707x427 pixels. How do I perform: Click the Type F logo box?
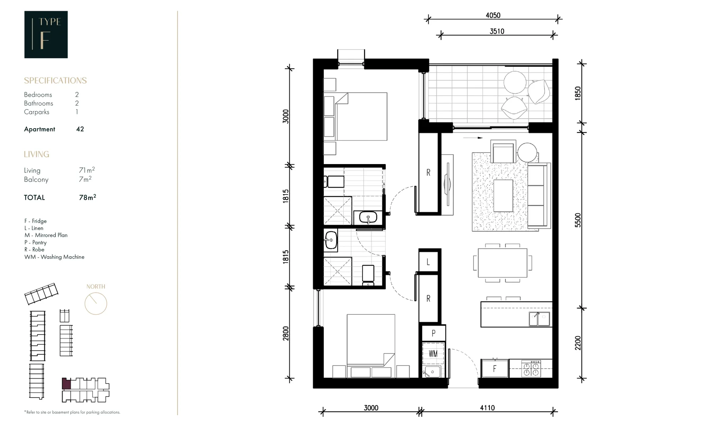(x=46, y=34)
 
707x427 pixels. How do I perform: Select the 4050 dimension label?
(x=493, y=15)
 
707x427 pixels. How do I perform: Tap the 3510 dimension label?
(x=497, y=31)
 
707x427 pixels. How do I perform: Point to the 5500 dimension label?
(x=578, y=220)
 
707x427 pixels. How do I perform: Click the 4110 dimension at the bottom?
(x=487, y=408)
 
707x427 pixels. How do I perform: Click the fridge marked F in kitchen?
(x=494, y=369)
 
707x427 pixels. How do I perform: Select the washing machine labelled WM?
(x=433, y=353)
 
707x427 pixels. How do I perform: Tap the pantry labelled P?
(x=433, y=333)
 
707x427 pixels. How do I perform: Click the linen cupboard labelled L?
(x=428, y=262)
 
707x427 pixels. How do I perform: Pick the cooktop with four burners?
(x=531, y=369)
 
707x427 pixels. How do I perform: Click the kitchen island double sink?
(x=539, y=319)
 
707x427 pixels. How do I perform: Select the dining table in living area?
(x=502, y=263)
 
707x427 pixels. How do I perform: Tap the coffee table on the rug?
(x=503, y=196)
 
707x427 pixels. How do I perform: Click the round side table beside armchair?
(x=527, y=152)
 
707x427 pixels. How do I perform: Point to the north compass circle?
(x=96, y=304)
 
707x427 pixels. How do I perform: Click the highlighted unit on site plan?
(x=66, y=384)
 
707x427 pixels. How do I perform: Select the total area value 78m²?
(x=87, y=197)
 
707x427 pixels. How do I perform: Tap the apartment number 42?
(x=80, y=129)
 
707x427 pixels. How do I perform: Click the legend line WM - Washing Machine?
(x=54, y=257)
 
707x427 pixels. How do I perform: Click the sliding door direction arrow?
(x=473, y=138)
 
